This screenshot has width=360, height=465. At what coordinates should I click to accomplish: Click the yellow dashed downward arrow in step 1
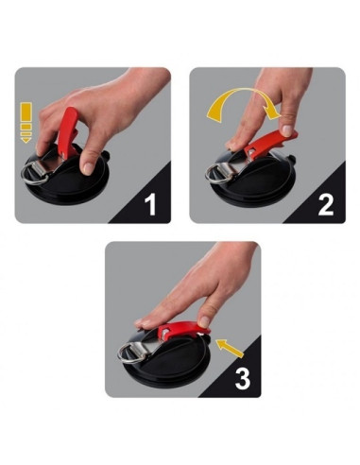[26, 121]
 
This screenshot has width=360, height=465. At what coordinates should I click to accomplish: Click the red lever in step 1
[68, 133]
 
